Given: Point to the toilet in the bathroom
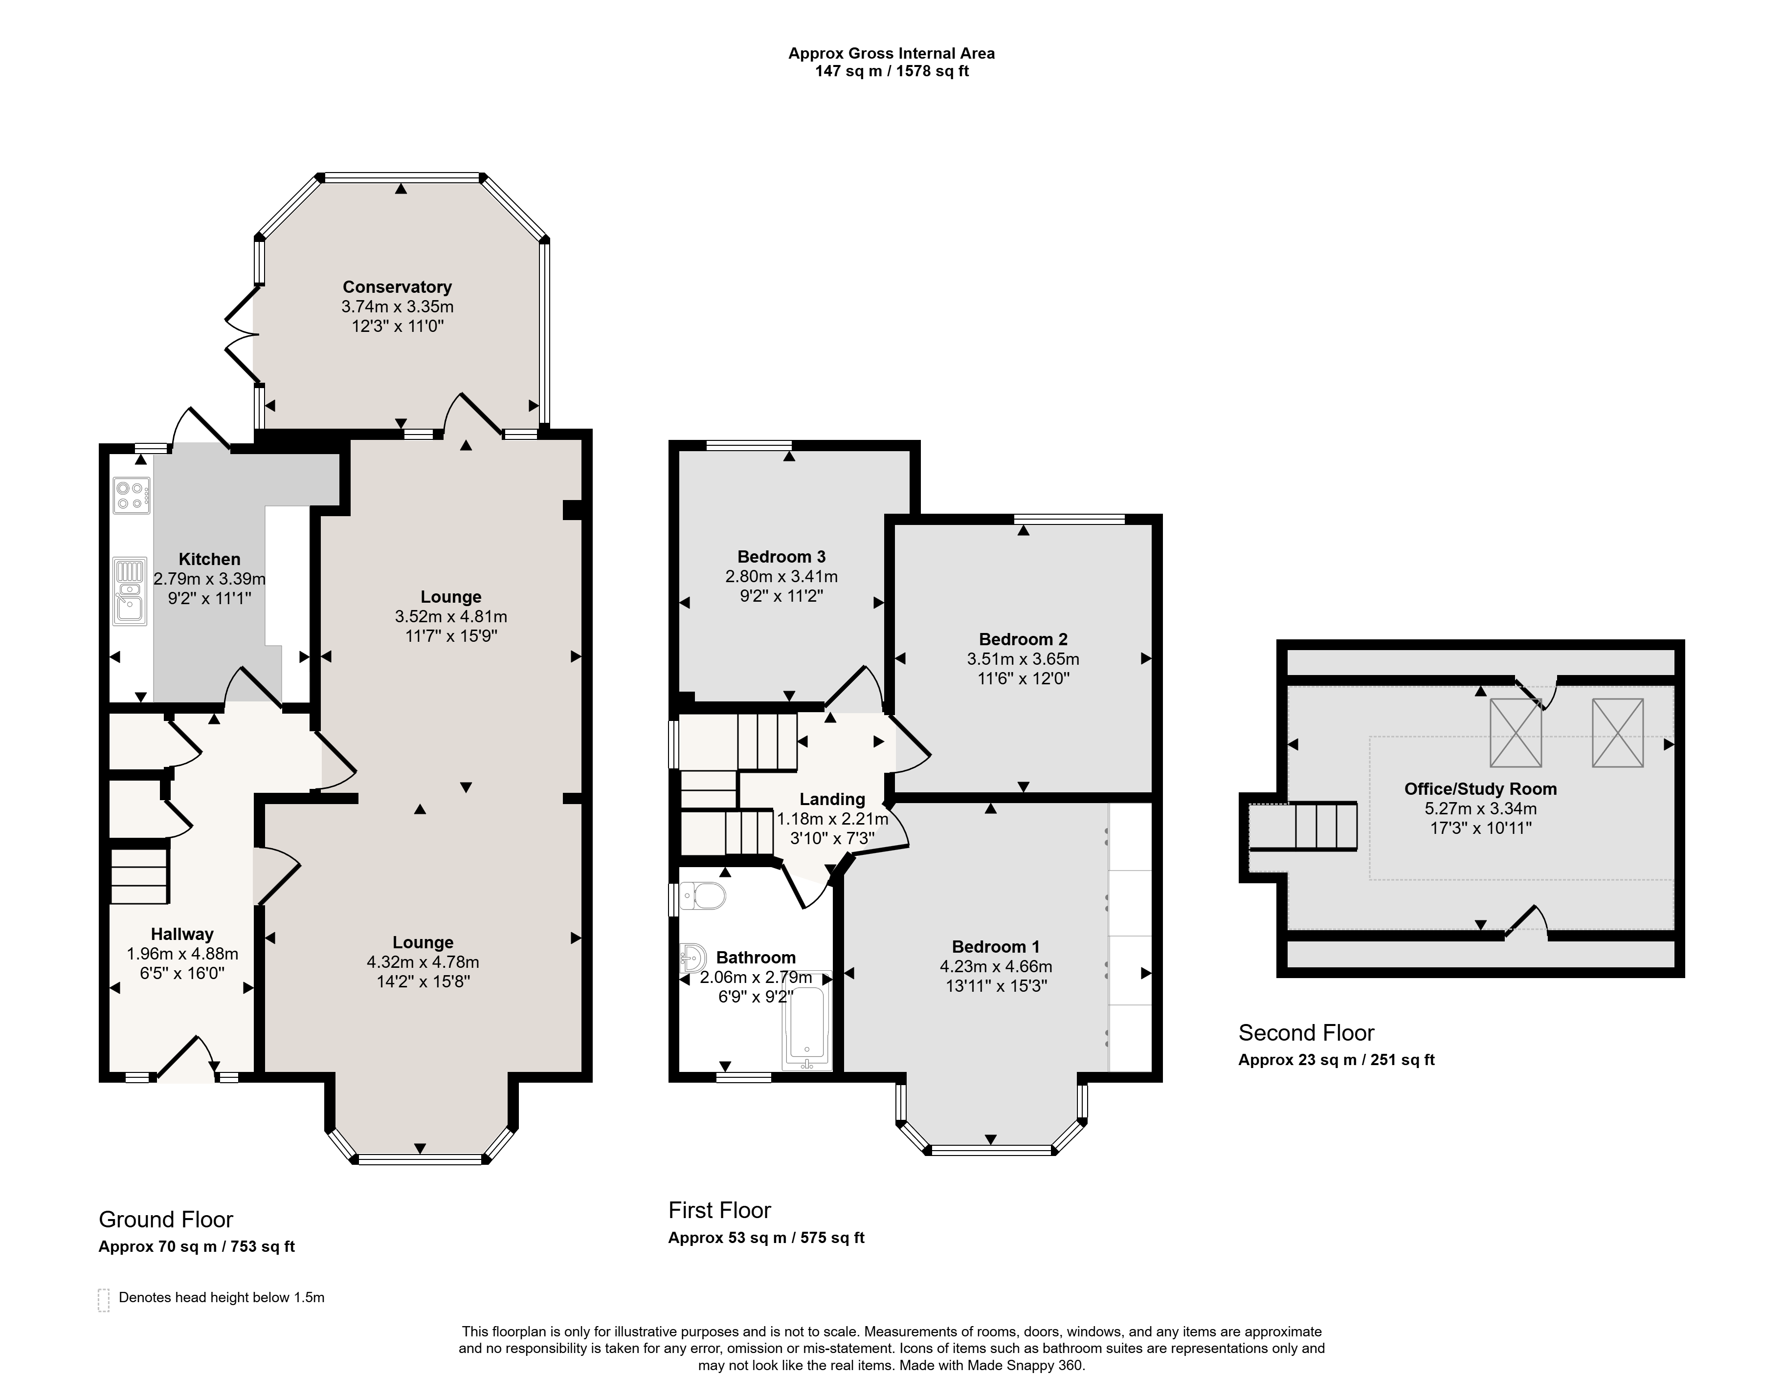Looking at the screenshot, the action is pos(702,896).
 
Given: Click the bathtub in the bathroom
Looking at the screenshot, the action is pos(807,1021).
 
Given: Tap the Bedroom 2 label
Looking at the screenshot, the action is pos(1023,639).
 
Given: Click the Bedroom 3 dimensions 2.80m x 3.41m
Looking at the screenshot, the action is pos(781,576).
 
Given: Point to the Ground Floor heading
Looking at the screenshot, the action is pos(166,1220).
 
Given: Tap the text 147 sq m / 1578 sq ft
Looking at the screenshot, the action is pos(891,71).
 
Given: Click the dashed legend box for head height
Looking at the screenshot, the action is pos(104,1300).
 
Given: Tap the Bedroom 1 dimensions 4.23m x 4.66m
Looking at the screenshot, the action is pos(996,966).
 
